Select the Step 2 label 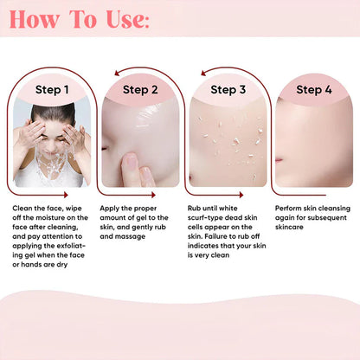(x=139, y=89)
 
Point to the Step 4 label (x=314, y=89)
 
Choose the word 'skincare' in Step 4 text (x=293, y=228)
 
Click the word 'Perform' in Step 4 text (x=290, y=209)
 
